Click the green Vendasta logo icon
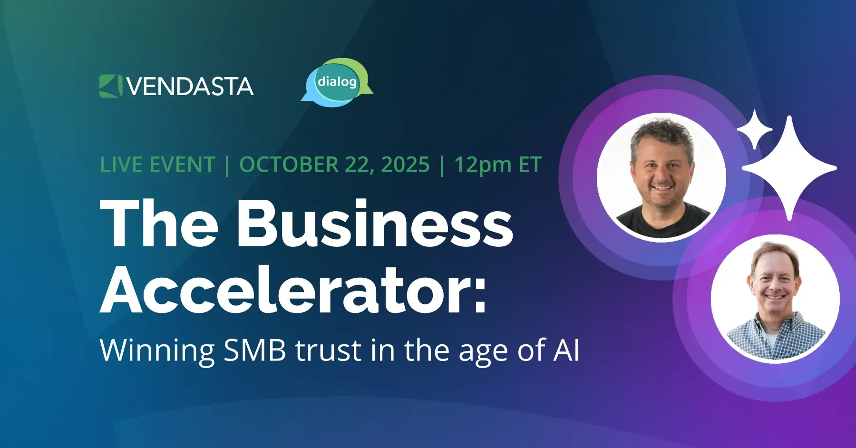pos(110,86)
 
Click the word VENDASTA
pos(190,87)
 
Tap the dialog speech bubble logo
pos(337,82)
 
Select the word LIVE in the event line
pos(122,165)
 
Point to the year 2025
pos(405,165)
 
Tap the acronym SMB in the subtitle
pos(255,351)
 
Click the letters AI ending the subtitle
pos(566,351)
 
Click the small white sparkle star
pos(754,129)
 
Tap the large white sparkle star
pos(789,168)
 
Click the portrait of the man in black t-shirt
pos(661,177)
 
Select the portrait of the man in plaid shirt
pos(775,299)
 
